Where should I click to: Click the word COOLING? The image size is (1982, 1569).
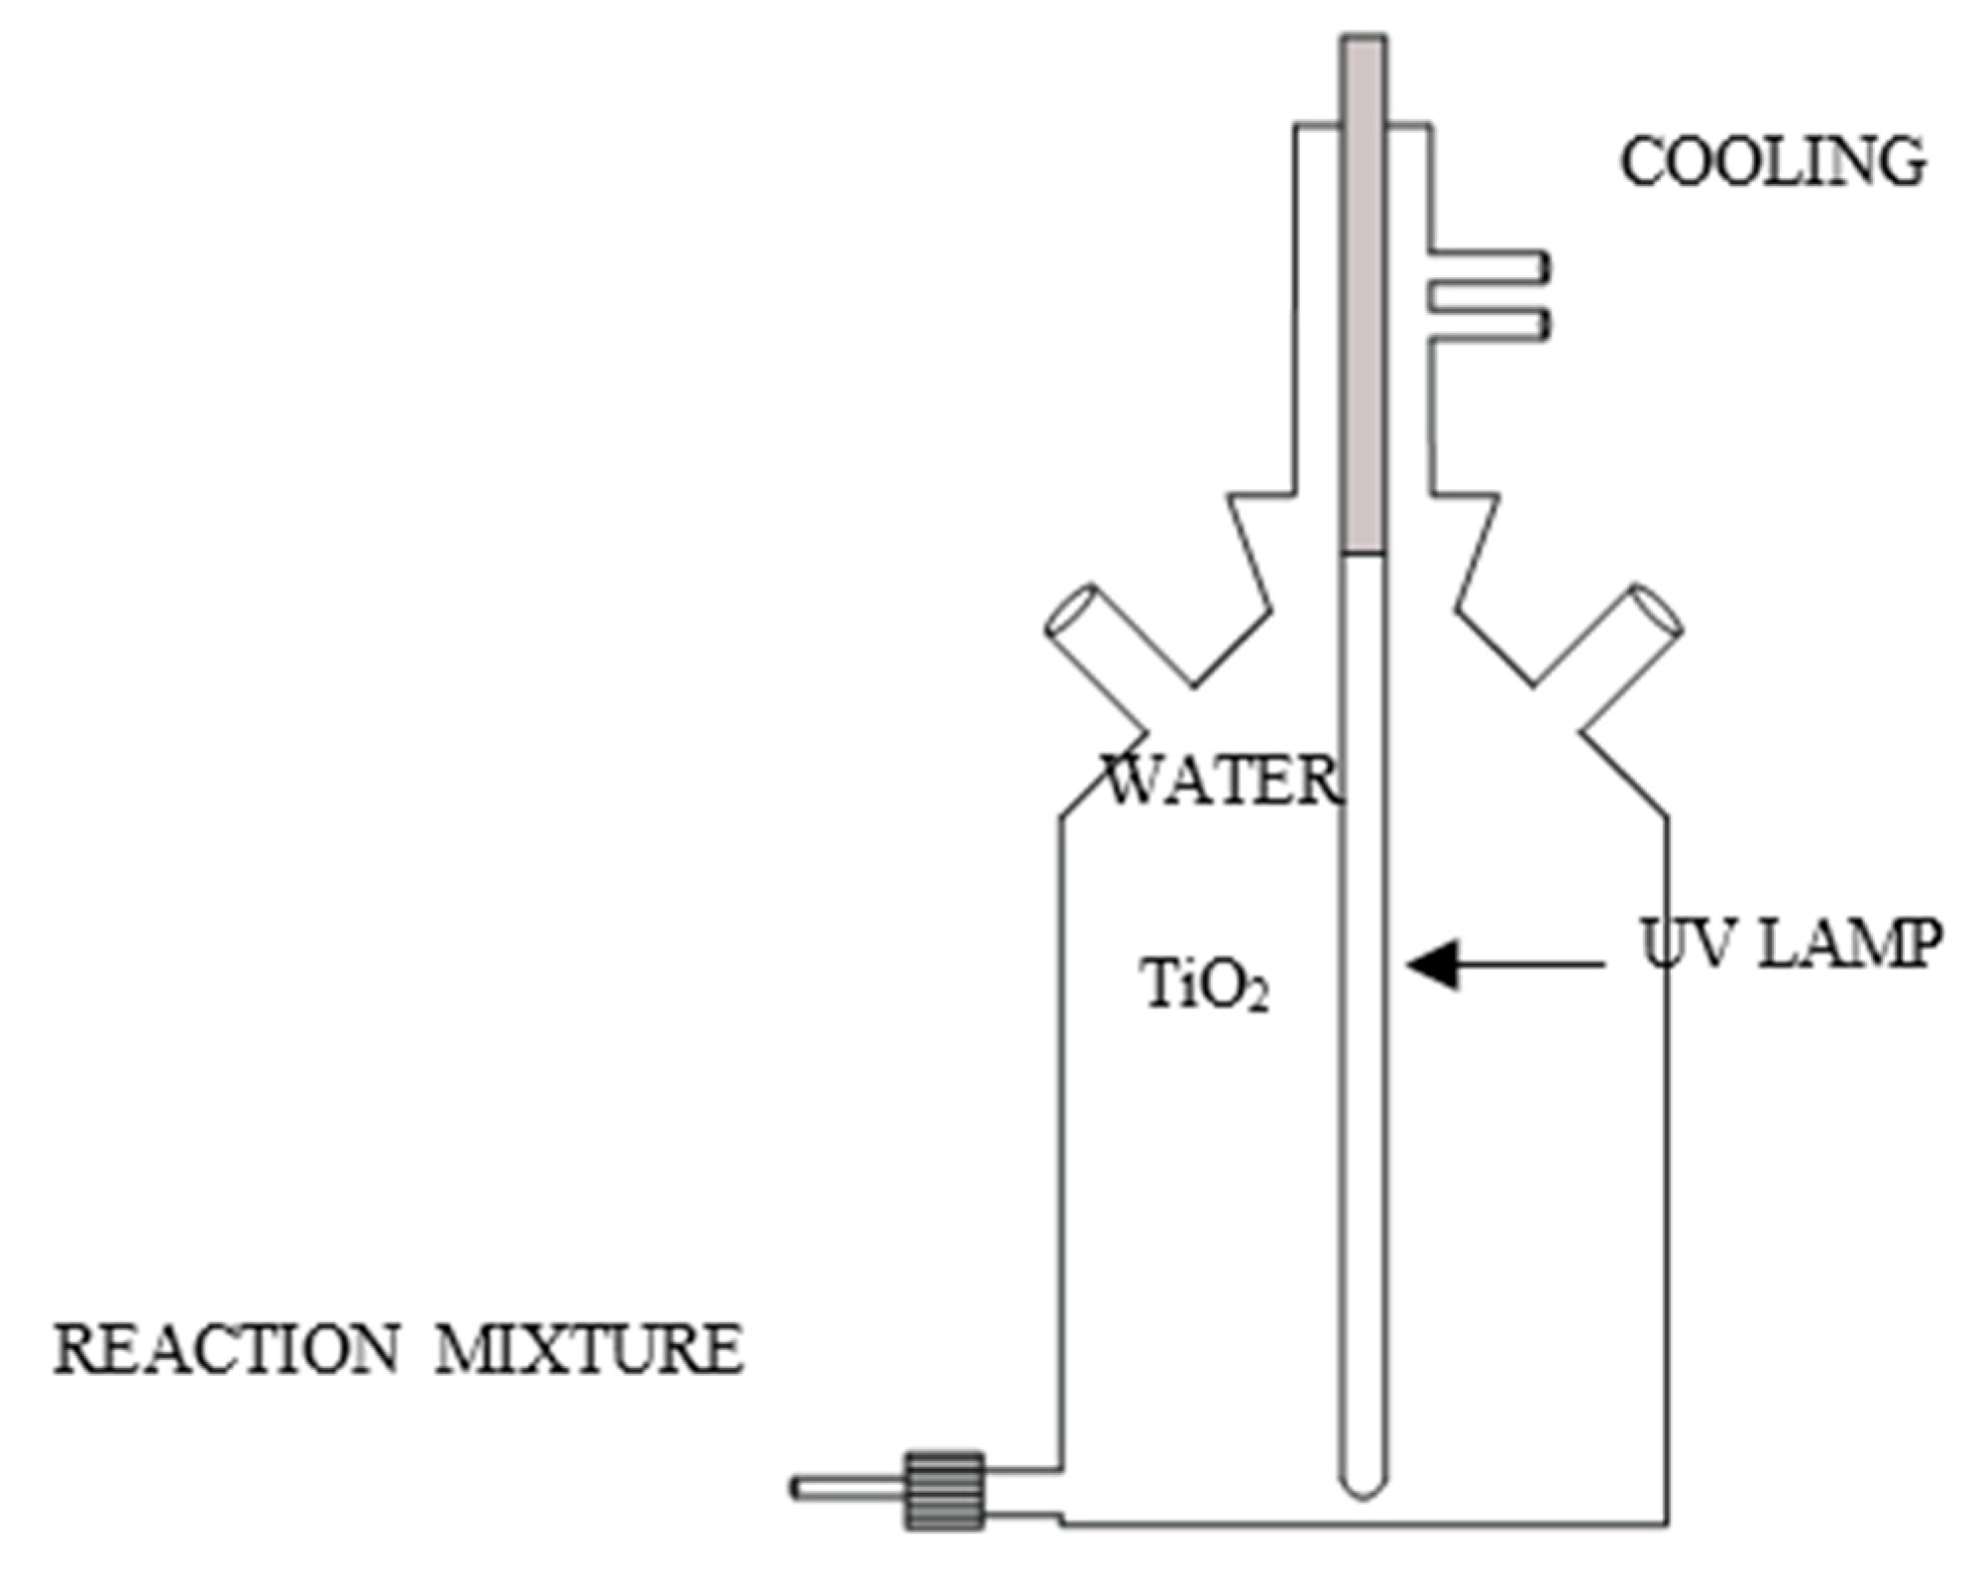coord(1772,163)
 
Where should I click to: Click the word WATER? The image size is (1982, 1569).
coord(1221,781)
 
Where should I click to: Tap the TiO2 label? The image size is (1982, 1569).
coord(1205,986)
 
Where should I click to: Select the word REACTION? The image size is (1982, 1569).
coord(226,1349)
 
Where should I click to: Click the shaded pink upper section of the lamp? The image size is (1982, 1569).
coord(1364,297)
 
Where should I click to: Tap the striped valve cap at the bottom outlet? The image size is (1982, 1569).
coord(943,1491)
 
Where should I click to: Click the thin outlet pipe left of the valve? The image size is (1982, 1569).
coord(847,1488)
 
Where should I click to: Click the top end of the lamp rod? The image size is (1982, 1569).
coord(1364,45)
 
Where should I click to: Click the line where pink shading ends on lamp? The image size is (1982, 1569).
coord(1364,554)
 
